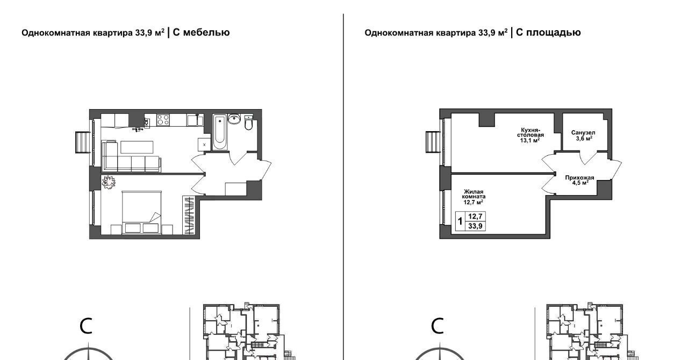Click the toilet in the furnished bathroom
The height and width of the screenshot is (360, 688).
(248, 123)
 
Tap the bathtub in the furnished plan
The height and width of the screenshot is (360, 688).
(219, 132)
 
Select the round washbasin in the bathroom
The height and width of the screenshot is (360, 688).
(235, 119)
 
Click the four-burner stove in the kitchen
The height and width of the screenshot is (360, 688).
(163, 120)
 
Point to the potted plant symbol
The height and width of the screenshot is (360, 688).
(109, 182)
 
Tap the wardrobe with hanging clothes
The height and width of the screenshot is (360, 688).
(189, 215)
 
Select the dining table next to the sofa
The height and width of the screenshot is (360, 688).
(137, 147)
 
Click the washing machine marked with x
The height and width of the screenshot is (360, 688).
(204, 145)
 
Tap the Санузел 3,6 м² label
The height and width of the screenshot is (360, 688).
(583, 135)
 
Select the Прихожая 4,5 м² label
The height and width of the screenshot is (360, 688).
(579, 180)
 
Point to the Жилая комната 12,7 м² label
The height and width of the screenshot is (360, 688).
(474, 197)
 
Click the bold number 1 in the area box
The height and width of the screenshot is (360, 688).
(460, 221)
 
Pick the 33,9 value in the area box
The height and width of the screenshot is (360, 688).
(475, 226)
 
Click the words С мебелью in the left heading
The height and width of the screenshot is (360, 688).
(201, 33)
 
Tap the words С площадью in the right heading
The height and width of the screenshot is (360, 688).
(548, 33)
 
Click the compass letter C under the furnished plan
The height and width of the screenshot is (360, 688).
(86, 327)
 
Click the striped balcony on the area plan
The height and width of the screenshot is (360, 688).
(433, 142)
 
